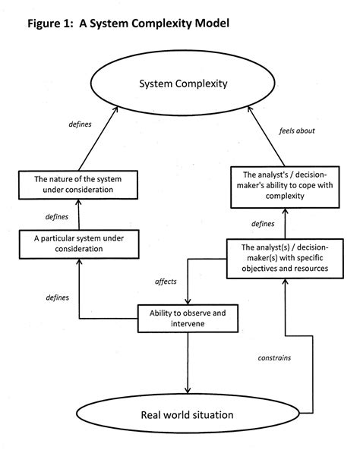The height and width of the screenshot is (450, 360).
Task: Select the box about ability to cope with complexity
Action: (286, 184)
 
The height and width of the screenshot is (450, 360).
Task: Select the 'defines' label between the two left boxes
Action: (58, 216)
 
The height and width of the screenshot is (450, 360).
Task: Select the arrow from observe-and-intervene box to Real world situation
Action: (184, 360)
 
